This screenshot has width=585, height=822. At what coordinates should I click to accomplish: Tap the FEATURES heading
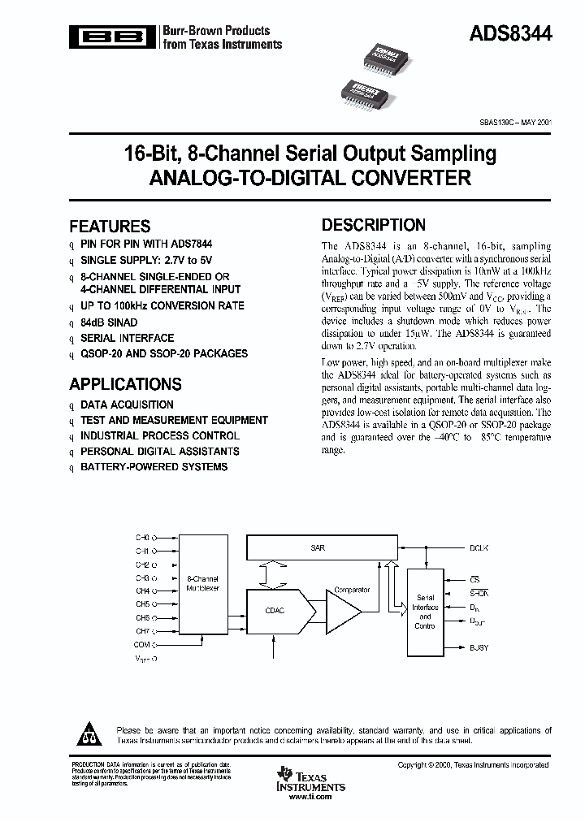tap(110, 227)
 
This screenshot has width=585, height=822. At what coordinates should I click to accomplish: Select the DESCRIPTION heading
tap(373, 225)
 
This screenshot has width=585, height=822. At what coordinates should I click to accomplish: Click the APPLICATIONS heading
tap(125, 384)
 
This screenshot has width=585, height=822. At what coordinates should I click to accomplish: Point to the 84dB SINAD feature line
tap(109, 322)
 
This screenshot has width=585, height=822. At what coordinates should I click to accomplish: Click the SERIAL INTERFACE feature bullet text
tap(127, 338)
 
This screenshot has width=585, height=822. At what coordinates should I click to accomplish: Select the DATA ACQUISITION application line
tap(127, 405)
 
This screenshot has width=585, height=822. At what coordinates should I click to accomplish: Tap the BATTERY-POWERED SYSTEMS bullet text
tap(154, 467)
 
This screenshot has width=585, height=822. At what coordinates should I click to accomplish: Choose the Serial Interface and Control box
tap(425, 612)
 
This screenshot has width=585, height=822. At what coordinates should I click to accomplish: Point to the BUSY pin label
tap(479, 647)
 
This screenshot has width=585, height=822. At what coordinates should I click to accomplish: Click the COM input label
tap(142, 644)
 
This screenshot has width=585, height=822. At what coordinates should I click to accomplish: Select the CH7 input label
tap(143, 631)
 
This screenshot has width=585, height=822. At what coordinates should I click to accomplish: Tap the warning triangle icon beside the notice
tap(86, 735)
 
